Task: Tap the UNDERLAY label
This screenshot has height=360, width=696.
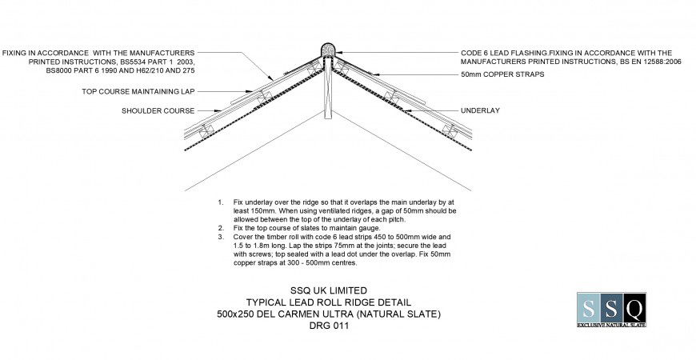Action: pyautogui.click(x=480, y=110)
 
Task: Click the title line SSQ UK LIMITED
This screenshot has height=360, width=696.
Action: pyautogui.click(x=329, y=290)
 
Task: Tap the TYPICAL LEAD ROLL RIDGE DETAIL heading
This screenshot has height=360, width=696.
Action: pyautogui.click(x=329, y=302)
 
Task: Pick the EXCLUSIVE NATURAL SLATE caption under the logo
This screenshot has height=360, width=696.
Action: pyautogui.click(x=611, y=325)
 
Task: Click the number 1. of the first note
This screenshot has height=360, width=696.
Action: pyautogui.click(x=221, y=203)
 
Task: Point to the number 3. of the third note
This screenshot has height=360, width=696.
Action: pyautogui.click(x=221, y=237)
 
